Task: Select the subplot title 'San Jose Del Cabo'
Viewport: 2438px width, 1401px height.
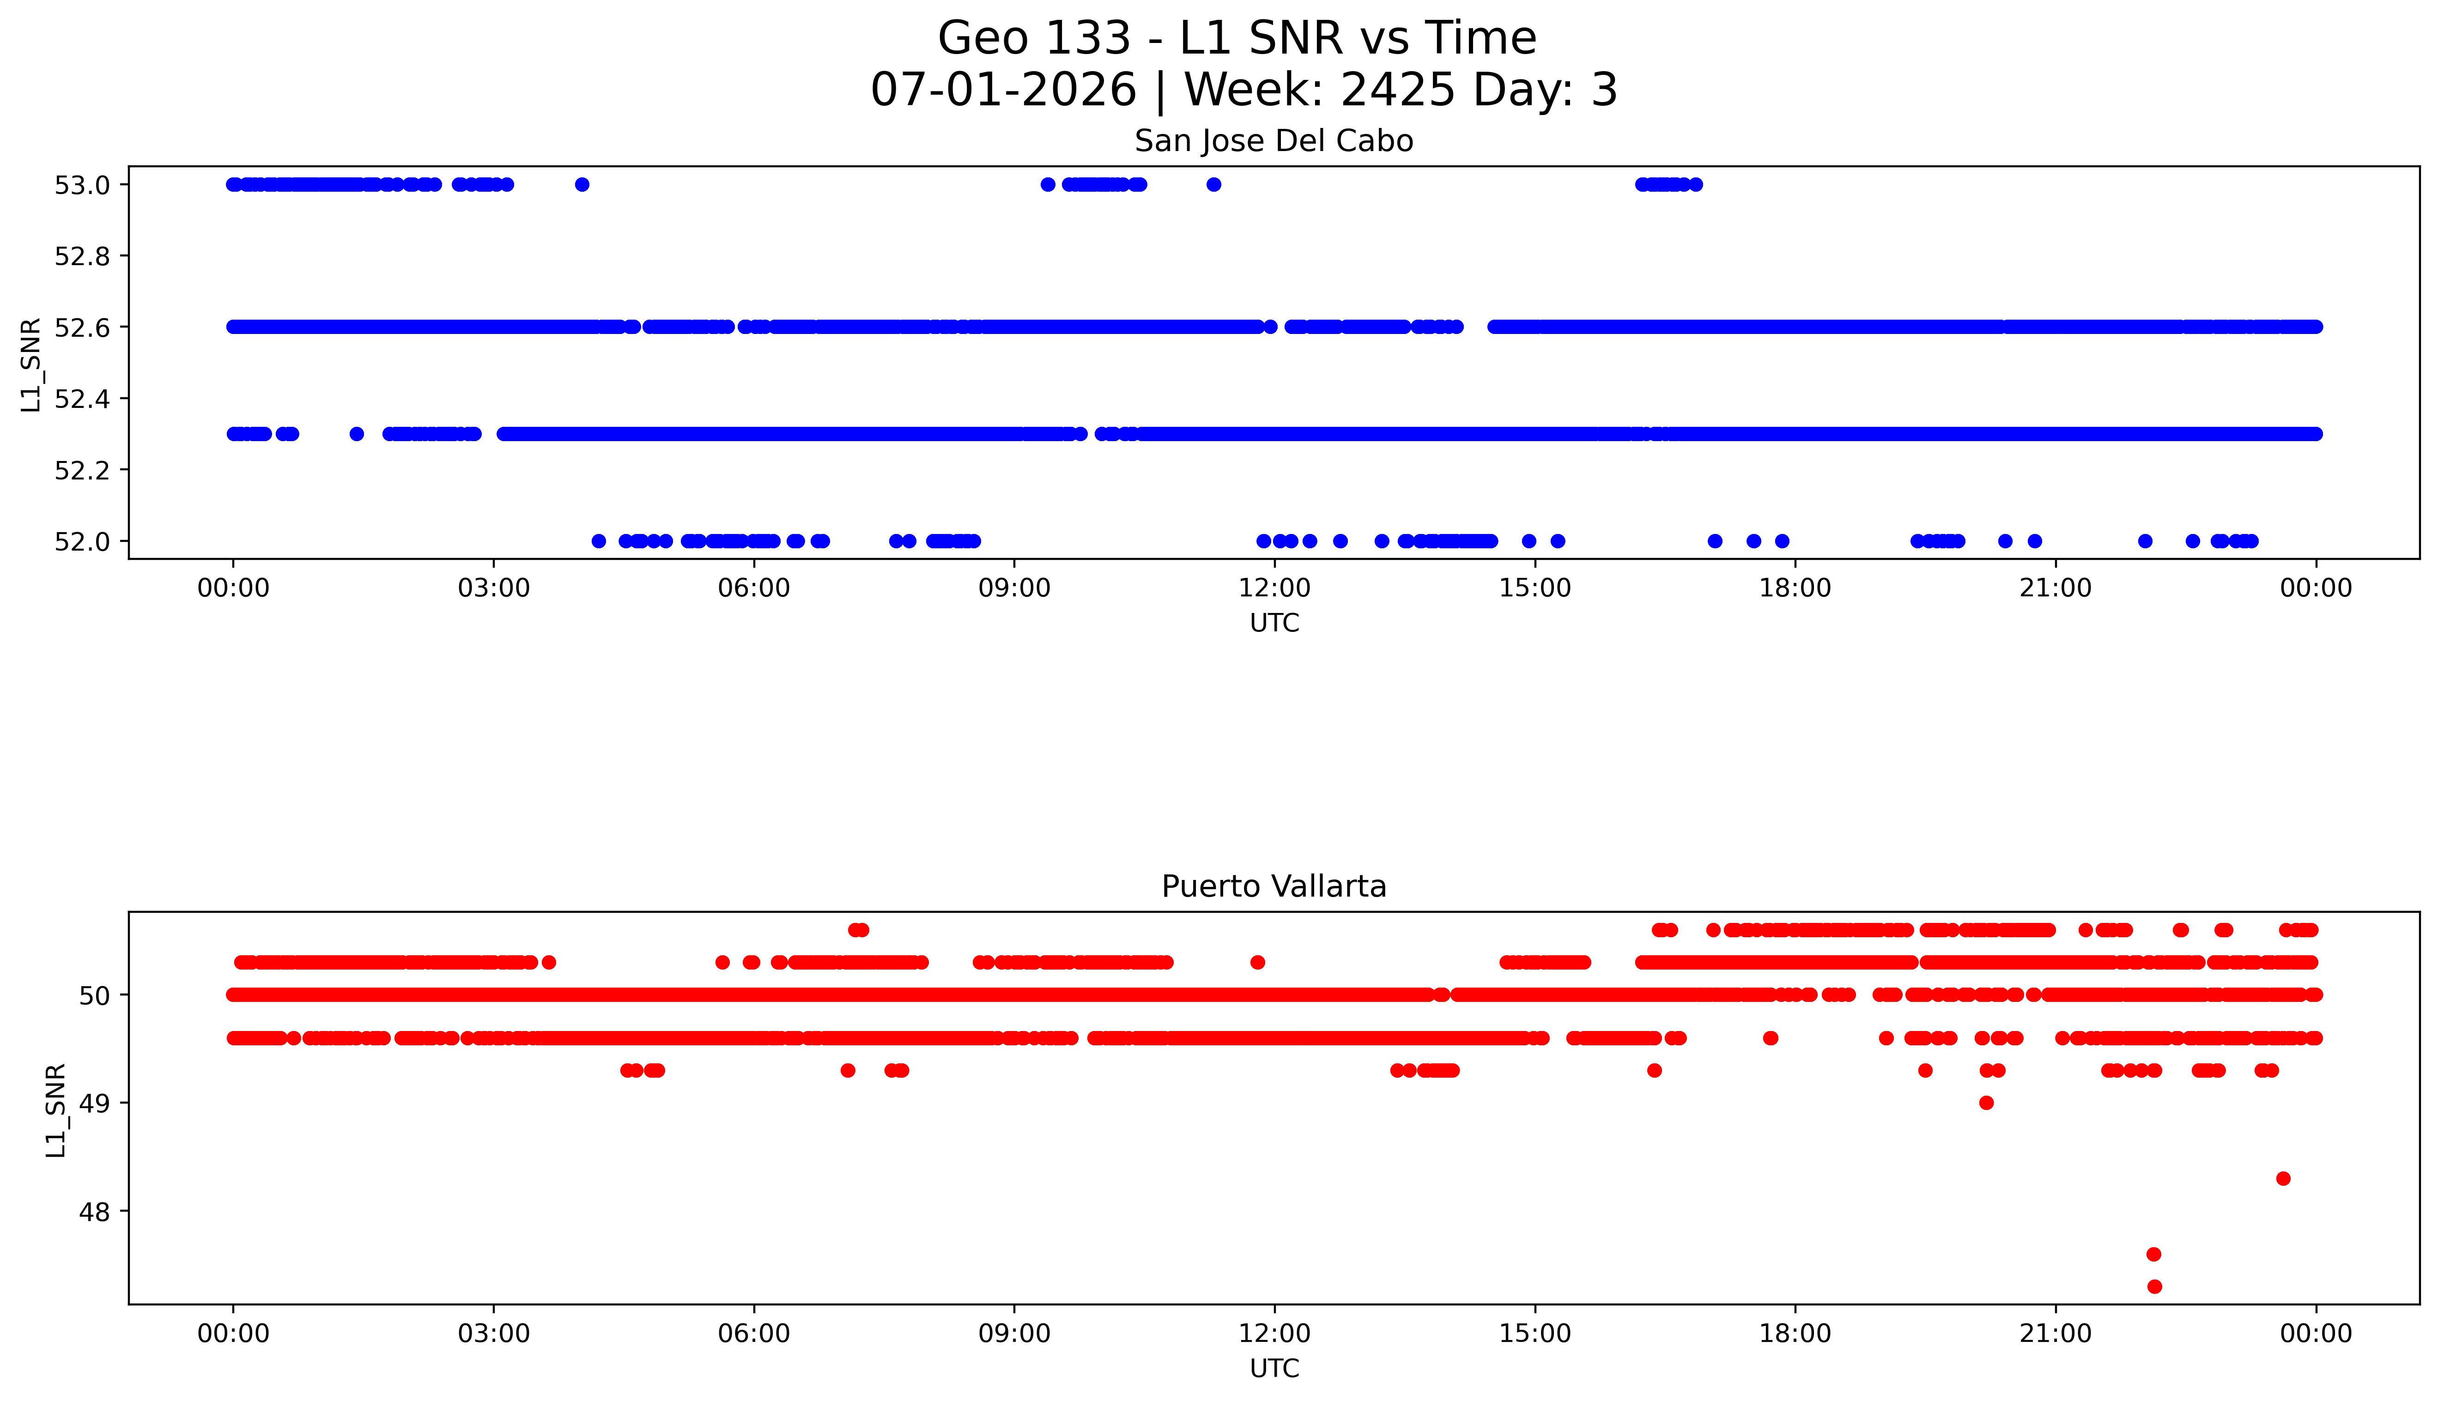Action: pos(1274,141)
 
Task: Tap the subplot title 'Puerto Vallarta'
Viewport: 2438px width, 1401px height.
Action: pos(1274,886)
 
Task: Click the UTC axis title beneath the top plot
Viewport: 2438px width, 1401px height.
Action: pos(1274,624)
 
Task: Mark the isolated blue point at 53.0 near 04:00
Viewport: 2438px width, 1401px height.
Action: pos(582,185)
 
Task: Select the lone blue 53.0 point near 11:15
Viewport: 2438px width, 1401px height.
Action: pos(1214,185)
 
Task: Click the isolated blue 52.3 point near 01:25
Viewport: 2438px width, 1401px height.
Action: pos(357,434)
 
